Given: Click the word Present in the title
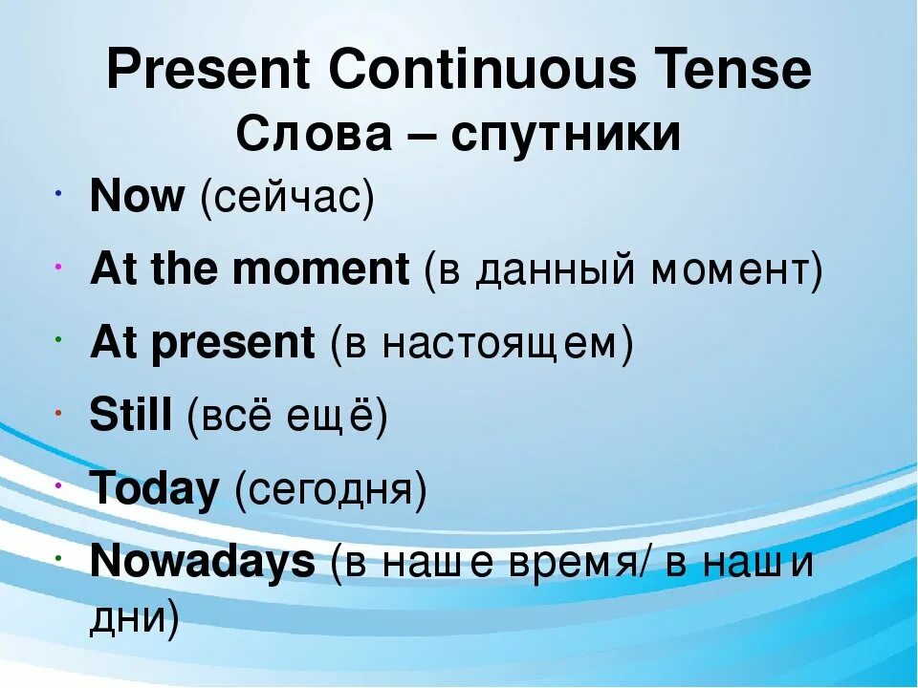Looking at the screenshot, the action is click(x=208, y=69).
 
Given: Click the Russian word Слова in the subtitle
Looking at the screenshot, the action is click(x=314, y=134).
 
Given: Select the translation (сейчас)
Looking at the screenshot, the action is click(x=287, y=198).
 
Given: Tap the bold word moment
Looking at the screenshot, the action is click(x=321, y=269).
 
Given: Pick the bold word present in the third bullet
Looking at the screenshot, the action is click(x=233, y=343).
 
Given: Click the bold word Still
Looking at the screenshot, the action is click(x=131, y=414).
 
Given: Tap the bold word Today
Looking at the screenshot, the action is click(x=154, y=488).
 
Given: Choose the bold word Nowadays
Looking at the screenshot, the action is click(x=203, y=562).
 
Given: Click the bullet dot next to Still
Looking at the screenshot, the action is click(x=58, y=414).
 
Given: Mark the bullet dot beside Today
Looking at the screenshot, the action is click(x=58, y=486).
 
